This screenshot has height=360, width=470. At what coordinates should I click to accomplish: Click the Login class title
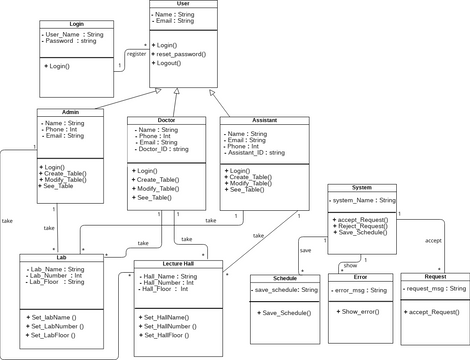[x=76, y=23]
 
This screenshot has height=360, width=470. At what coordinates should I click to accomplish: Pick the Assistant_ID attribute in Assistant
[x=255, y=154]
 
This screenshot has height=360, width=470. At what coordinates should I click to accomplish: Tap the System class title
[x=362, y=188]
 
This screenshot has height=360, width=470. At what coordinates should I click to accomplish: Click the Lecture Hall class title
[x=177, y=264]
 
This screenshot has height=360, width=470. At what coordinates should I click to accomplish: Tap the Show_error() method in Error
[x=359, y=311]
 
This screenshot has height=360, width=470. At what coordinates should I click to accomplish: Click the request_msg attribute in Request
[x=435, y=288]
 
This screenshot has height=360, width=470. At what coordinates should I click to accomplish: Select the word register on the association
[x=135, y=54]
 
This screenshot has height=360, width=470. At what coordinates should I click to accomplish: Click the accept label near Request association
[x=433, y=240]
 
